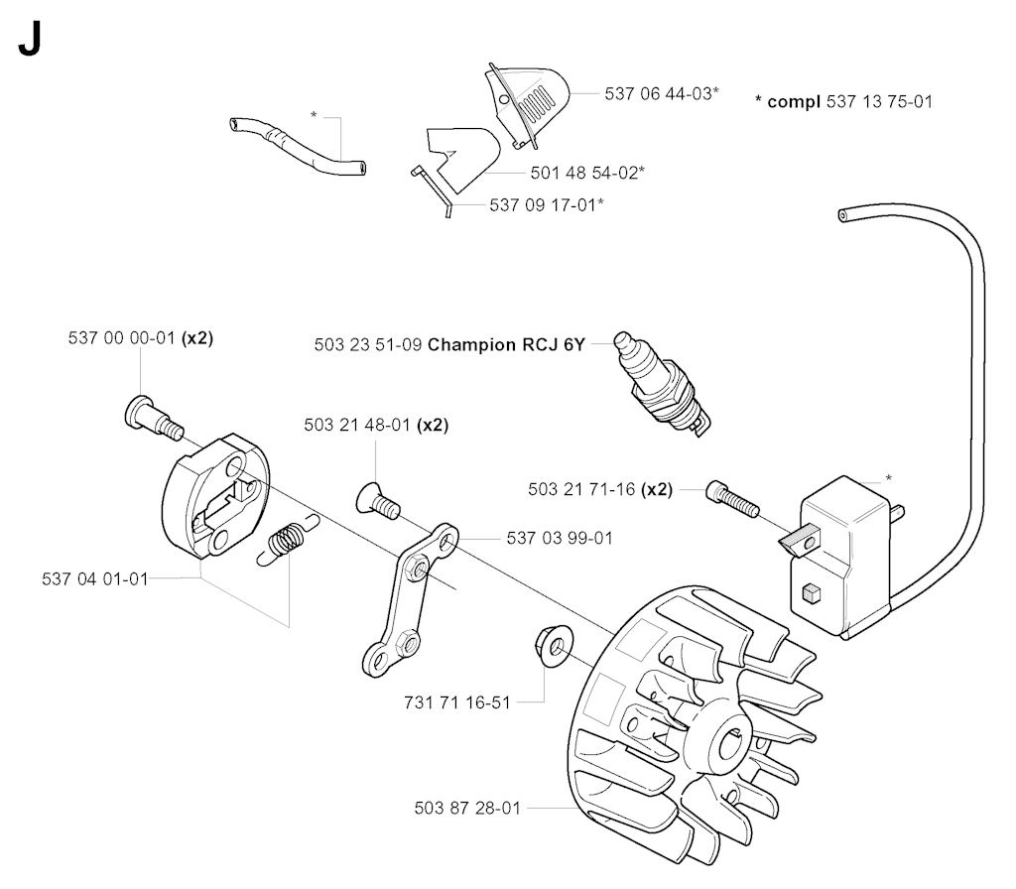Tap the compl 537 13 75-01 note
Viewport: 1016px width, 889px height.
843,102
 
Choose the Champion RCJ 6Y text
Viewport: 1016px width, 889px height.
507,344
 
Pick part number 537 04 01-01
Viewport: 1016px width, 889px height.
95,579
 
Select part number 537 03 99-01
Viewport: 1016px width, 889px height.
560,539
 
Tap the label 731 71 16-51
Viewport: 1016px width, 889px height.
457,703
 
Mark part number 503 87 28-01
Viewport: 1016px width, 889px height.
468,809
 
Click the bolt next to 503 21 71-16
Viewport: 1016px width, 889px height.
732,498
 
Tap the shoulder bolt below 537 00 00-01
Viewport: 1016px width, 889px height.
154,419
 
